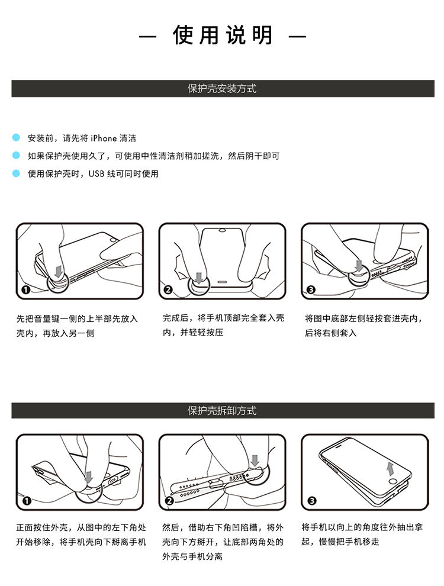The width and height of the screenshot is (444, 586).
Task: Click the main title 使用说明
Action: (x=223, y=35)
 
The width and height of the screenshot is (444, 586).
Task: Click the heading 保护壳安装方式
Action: (x=222, y=89)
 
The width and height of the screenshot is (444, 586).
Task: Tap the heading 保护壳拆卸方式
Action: (x=222, y=411)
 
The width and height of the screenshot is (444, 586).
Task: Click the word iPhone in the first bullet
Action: (x=104, y=139)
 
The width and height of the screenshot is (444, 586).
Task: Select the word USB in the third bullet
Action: (x=96, y=174)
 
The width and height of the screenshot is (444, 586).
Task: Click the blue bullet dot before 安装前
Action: (x=16, y=137)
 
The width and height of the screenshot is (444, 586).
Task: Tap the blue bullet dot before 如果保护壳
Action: (x=16, y=155)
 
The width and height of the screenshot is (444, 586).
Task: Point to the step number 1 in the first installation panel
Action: (x=26, y=289)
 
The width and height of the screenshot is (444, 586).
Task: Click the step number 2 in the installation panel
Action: (x=168, y=289)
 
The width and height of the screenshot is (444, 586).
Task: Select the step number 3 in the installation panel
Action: (x=311, y=289)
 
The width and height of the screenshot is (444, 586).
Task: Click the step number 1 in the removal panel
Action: (x=27, y=500)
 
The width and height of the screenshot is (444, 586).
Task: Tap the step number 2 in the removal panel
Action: (x=169, y=500)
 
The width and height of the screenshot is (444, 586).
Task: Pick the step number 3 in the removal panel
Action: (x=312, y=500)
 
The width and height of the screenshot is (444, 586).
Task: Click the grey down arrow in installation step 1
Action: (x=58, y=271)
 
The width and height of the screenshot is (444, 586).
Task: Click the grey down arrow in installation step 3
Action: (x=359, y=266)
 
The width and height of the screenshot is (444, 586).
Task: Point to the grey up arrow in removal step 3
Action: (x=390, y=469)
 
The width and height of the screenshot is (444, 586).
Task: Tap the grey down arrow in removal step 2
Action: (x=255, y=461)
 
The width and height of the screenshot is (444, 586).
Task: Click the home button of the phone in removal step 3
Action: (x=392, y=481)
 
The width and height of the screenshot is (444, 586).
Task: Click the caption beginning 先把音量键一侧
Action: (x=78, y=326)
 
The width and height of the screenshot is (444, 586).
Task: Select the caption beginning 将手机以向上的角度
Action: (x=362, y=535)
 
